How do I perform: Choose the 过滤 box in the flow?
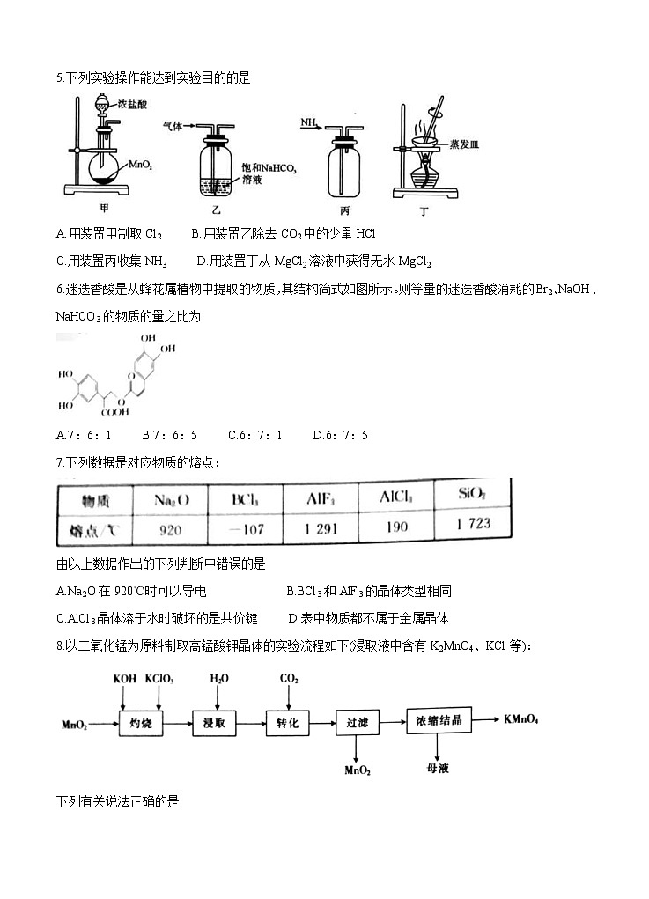tap(357, 721)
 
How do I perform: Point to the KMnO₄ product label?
tap(521, 718)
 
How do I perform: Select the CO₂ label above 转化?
tap(288, 679)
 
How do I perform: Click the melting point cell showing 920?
tap(170, 531)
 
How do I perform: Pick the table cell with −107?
tap(245, 530)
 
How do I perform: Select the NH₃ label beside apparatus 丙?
tap(308, 122)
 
